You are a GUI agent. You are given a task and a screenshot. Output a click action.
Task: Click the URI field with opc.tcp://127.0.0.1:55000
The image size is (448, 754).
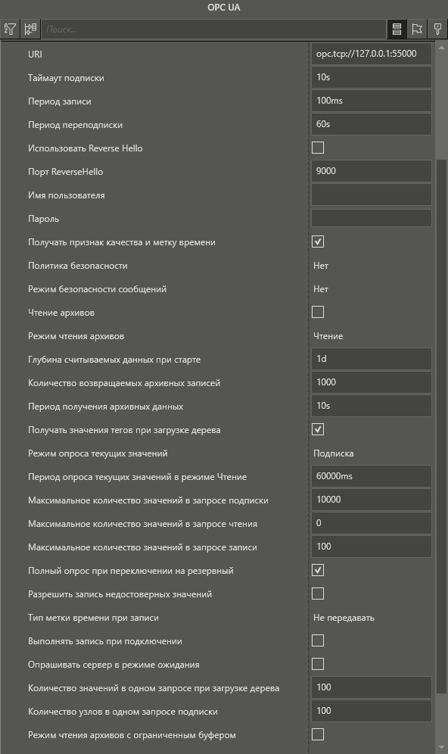tap(371, 55)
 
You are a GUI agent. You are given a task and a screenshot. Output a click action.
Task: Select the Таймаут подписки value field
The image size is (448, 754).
tap(371, 78)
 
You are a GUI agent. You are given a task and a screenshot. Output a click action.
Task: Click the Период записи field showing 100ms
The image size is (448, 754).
tap(371, 101)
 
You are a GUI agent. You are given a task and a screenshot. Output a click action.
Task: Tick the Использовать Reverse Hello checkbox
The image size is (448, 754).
tap(318, 148)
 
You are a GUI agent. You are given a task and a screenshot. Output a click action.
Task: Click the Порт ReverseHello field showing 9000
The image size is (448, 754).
tap(371, 172)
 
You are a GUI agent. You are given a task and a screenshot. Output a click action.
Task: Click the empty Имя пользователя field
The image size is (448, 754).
tap(371, 195)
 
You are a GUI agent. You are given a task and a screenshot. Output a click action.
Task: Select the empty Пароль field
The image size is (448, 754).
tap(371, 219)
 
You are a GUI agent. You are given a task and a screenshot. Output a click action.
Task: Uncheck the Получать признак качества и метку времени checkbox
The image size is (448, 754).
tap(318, 242)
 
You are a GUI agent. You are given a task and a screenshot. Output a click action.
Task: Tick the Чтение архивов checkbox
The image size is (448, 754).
tap(318, 312)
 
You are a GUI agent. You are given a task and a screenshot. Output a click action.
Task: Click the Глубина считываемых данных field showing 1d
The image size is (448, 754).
tap(371, 359)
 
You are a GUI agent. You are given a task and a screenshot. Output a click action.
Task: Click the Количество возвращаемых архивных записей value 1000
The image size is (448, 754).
tap(371, 382)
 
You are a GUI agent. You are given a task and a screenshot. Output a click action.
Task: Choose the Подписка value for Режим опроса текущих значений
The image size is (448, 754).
tap(334, 453)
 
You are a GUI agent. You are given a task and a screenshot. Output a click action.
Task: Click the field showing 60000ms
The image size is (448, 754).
tap(371, 476)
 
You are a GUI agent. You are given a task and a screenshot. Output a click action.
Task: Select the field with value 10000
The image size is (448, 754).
tap(371, 500)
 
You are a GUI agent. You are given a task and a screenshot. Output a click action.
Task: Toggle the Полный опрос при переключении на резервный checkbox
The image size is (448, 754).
tap(318, 570)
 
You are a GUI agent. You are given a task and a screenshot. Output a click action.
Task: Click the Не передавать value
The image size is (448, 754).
tap(344, 618)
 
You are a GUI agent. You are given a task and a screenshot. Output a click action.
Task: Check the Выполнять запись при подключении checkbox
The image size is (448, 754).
tap(318, 641)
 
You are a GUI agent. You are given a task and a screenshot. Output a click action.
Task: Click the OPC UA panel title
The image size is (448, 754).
tap(224, 8)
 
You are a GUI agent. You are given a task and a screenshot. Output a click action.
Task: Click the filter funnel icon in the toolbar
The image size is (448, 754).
tap(10, 30)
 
